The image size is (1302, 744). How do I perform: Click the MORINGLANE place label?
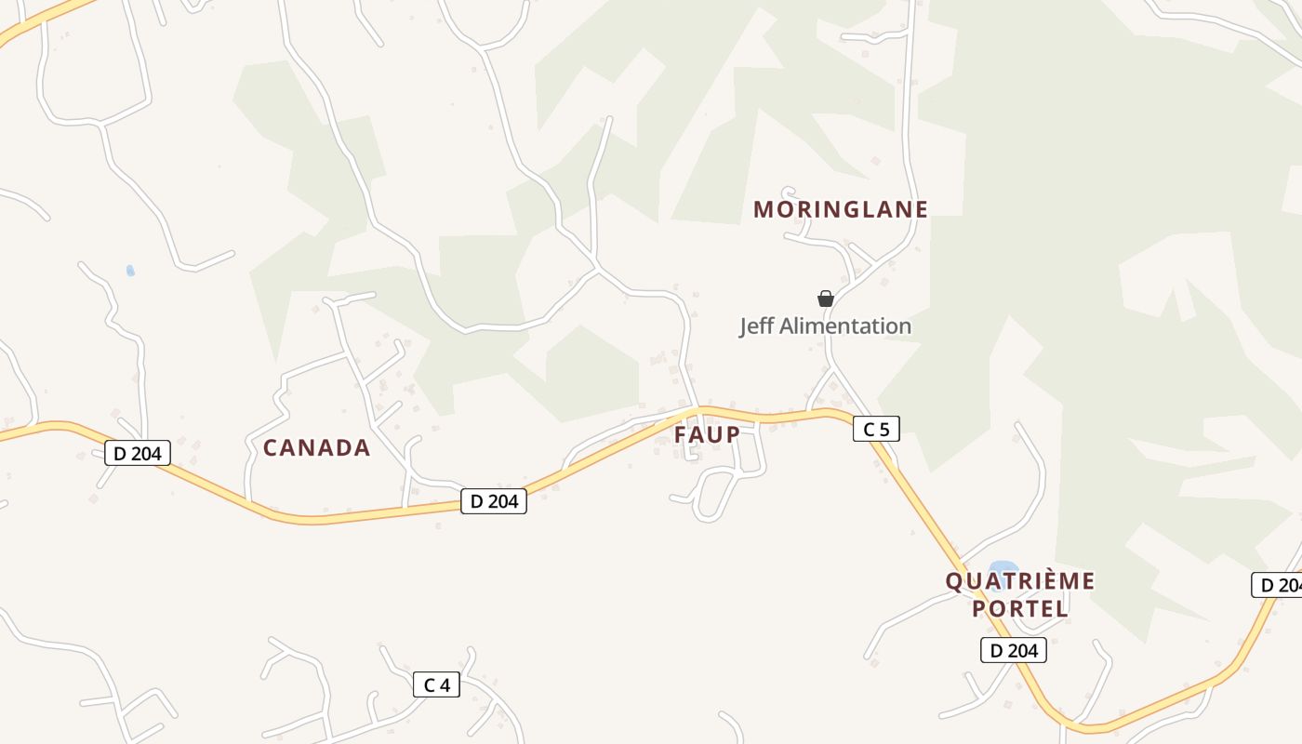coord(841,209)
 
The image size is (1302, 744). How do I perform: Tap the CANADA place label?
coord(316,448)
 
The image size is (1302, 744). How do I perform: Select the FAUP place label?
coord(707,434)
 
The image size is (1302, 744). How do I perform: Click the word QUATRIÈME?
coord(1020,581)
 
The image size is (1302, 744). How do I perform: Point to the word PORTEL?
coord(1020,609)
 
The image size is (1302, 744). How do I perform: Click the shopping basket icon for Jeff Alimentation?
coord(825,299)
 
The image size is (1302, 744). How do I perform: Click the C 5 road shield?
coord(876,429)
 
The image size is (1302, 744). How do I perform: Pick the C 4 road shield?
coord(436,685)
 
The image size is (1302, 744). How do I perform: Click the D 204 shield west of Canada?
coord(138,454)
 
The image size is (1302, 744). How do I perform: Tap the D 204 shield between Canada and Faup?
coord(494,501)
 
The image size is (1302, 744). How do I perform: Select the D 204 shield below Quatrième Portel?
coord(1014,650)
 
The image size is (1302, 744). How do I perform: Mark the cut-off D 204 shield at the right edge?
coord(1278,585)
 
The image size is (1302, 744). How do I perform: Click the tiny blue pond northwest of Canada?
coord(130,271)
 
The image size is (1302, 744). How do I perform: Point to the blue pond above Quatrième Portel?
coord(1003,568)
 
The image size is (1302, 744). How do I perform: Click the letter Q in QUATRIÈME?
coord(953,581)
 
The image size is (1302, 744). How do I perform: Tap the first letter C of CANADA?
coord(272,448)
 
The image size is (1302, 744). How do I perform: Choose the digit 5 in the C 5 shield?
coord(883,429)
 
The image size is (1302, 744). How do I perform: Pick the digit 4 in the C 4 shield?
coord(445,685)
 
